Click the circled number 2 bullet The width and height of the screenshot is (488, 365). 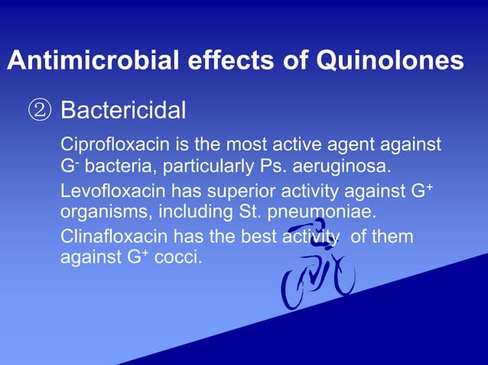(38, 111)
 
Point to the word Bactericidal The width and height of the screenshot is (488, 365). (123, 111)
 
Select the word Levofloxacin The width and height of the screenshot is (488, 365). (106, 190)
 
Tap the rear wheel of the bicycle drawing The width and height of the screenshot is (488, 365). (294, 290)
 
